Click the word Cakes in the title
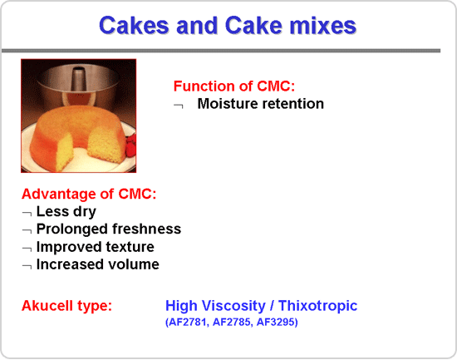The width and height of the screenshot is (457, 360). click(134, 26)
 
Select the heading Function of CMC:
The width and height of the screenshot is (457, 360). click(234, 86)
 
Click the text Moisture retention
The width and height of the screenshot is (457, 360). click(261, 104)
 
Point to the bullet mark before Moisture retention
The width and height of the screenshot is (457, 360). click(179, 106)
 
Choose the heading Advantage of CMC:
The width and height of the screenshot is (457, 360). click(89, 194)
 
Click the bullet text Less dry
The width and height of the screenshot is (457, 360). click(66, 211)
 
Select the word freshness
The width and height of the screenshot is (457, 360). click(146, 229)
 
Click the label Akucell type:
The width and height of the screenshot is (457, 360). click(66, 306)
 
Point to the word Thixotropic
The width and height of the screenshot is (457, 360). click(317, 306)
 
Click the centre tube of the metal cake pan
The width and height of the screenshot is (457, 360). click(78, 81)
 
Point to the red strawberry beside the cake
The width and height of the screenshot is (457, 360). click(131, 144)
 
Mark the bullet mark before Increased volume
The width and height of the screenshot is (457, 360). click(27, 267)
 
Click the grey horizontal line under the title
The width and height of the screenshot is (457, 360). click(221, 51)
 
